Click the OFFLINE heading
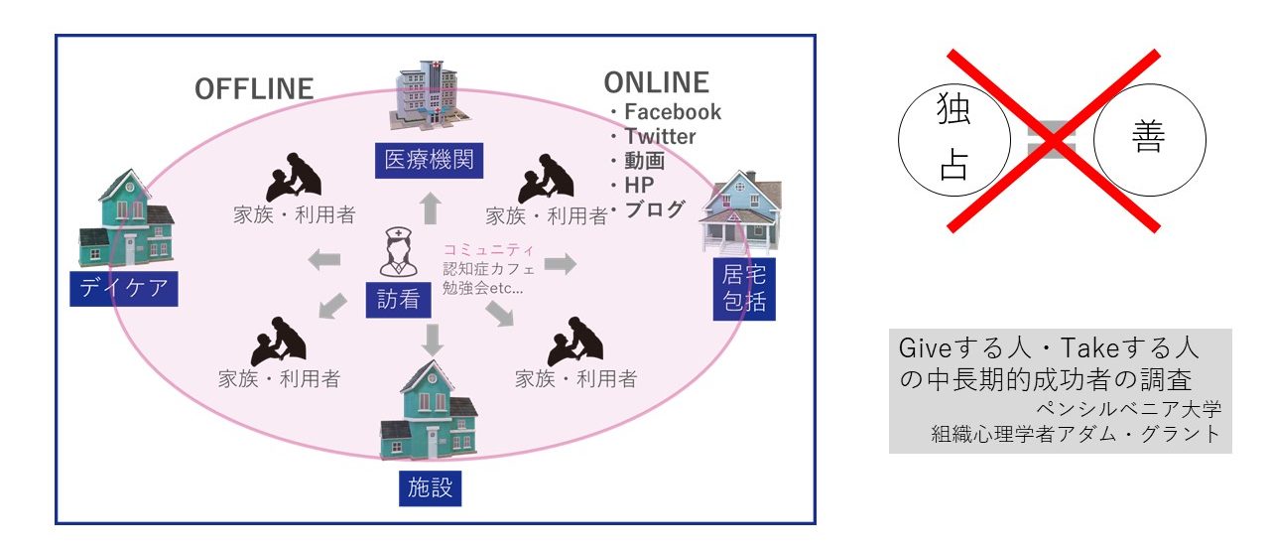pos(254,89)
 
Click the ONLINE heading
pos(657,82)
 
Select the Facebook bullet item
pos(672,112)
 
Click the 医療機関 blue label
pos(429,160)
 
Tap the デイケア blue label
pos(124,288)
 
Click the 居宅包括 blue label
pos(744,289)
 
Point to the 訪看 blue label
pos(399,299)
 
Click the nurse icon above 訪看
pos(399,253)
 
